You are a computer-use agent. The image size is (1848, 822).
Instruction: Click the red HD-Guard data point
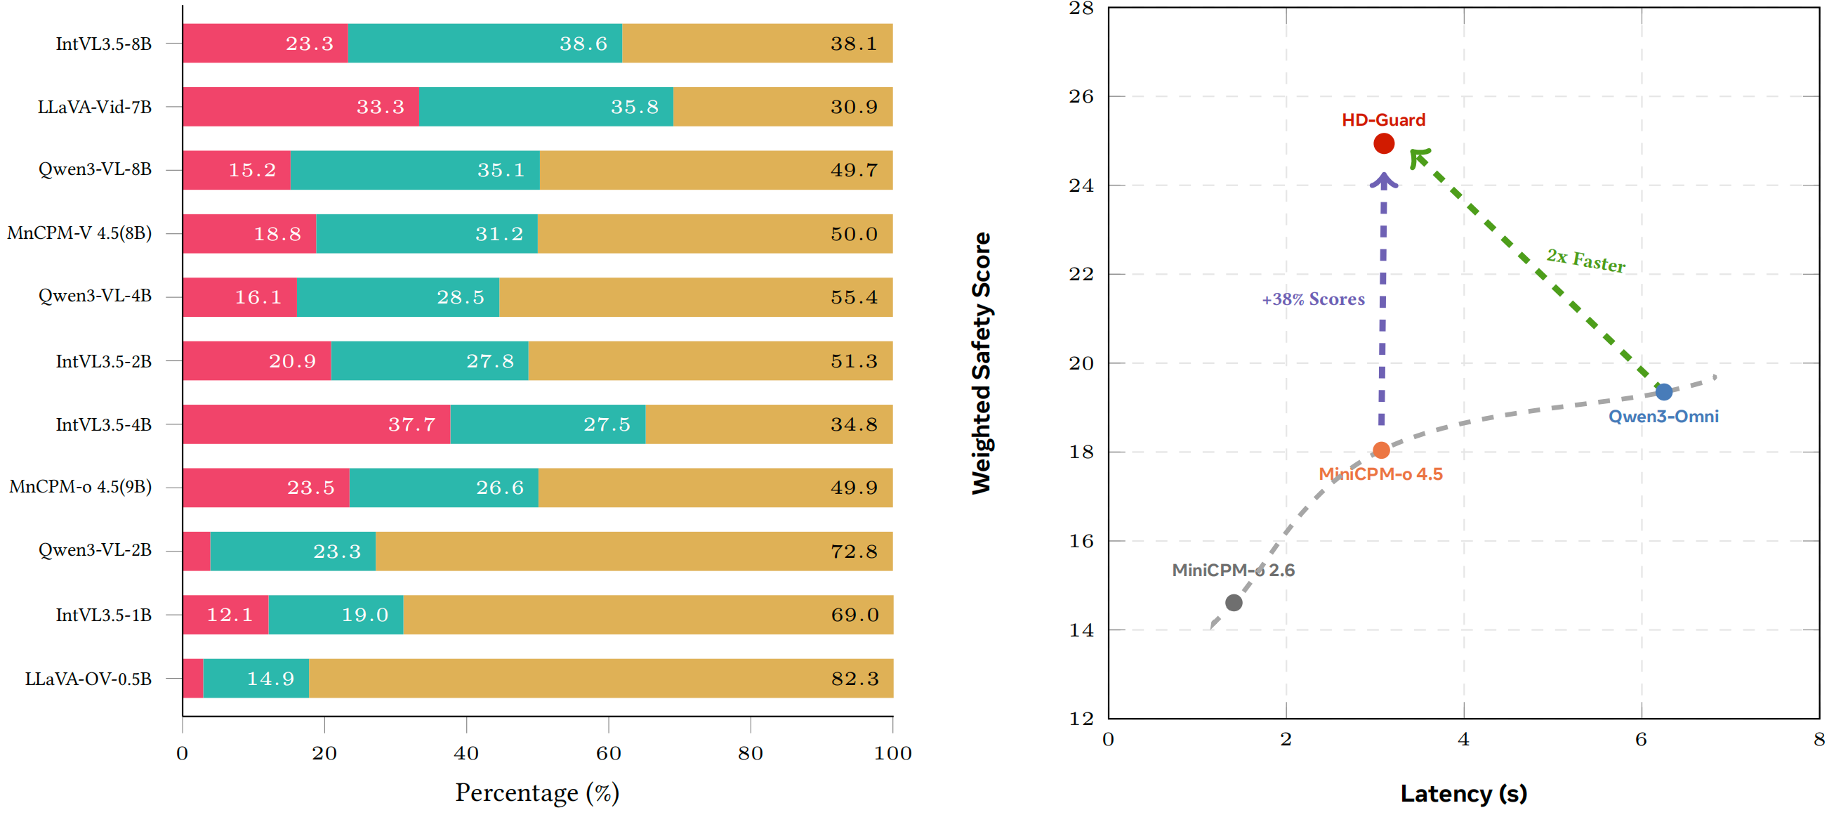point(1383,143)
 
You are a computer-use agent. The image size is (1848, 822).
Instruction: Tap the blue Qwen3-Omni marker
point(1663,392)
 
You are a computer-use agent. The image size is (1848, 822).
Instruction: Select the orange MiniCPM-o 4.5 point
point(1381,451)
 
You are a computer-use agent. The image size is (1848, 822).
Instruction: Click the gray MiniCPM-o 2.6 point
point(1233,603)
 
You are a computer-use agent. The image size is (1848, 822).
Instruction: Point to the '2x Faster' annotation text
point(1585,261)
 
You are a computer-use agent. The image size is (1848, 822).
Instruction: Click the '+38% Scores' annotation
point(1313,299)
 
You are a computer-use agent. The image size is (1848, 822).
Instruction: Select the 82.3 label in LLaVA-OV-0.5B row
point(854,679)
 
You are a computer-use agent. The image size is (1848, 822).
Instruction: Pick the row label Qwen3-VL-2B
point(95,551)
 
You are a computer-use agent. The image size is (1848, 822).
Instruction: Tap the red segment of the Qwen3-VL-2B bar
point(196,552)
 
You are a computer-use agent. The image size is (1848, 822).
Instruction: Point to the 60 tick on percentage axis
point(608,753)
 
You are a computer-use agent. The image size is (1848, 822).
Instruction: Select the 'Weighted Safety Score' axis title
point(981,363)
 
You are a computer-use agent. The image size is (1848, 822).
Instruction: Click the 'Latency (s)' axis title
point(1463,794)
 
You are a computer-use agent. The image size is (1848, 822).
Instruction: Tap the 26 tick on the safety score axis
point(1081,96)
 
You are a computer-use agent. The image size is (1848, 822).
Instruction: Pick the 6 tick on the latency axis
point(1641,739)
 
